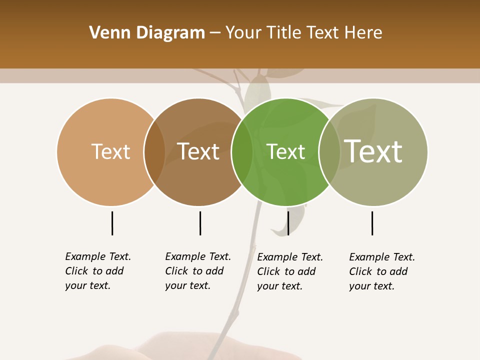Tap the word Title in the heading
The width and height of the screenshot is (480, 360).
point(284,33)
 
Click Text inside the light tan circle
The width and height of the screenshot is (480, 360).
point(111,151)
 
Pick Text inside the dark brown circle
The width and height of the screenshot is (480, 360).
point(198,151)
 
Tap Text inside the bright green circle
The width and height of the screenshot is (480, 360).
point(286,151)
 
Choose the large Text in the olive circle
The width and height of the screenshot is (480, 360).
point(373,151)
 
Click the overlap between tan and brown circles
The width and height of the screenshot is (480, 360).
point(154,151)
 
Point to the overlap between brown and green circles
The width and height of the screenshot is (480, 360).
point(242,151)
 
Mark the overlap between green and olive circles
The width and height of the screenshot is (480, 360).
point(329,151)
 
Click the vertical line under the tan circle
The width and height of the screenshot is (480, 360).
point(112,223)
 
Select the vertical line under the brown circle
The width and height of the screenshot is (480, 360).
point(200,223)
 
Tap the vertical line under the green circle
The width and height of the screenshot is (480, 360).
point(288,223)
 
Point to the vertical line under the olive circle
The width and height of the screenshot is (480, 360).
point(372,223)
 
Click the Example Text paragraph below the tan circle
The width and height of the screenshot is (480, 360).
point(98,271)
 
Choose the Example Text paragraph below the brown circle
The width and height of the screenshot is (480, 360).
point(198,271)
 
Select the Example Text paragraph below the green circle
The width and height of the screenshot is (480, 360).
point(290,271)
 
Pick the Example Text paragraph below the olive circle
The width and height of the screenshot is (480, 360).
point(382,271)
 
